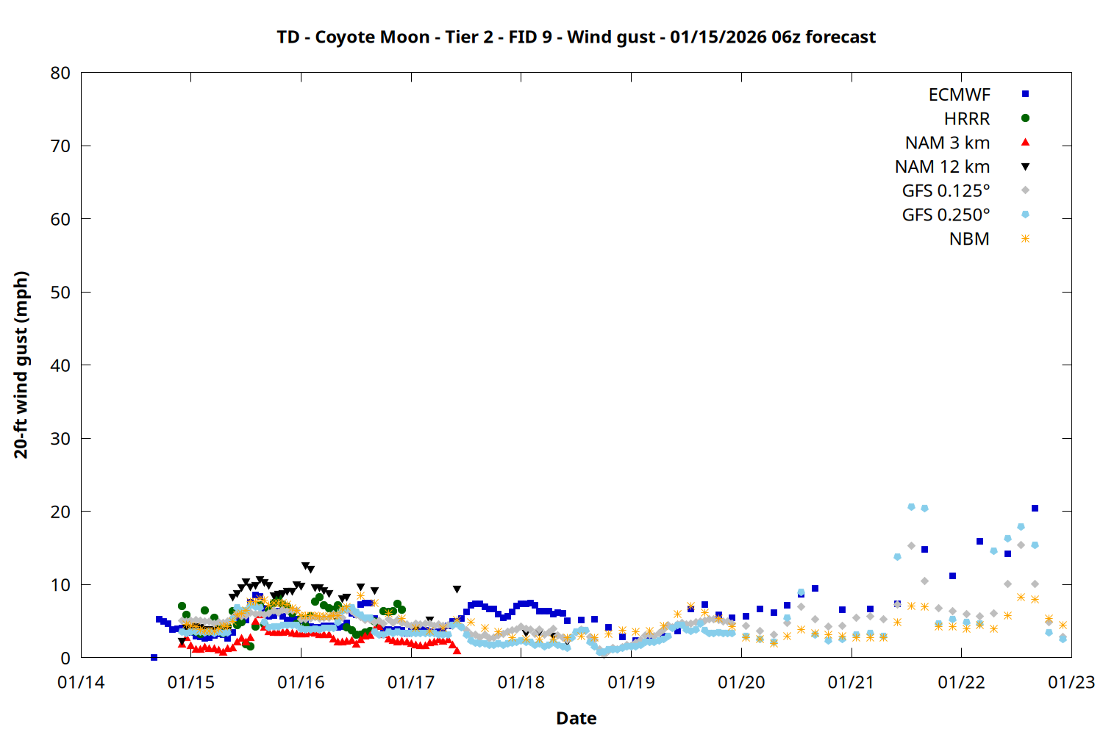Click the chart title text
point(576,37)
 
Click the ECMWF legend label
point(959,95)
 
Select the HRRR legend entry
point(967,119)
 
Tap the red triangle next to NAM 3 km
point(1025,143)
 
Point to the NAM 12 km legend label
point(942,167)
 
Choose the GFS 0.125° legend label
point(946,191)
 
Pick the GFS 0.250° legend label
point(946,215)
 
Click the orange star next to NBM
point(1025,239)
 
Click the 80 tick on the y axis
point(60,73)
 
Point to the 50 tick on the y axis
point(60,292)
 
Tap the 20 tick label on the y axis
point(60,512)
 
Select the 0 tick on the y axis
point(65,658)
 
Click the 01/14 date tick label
point(81,683)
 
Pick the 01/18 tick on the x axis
point(521,683)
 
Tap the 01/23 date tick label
point(1071,683)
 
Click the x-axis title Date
point(576,718)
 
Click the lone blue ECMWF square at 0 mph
point(154,657)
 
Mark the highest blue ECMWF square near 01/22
point(1035,508)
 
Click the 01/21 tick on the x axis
point(851,683)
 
